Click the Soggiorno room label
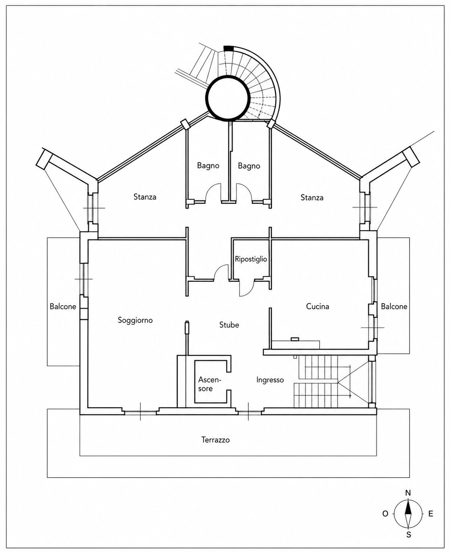[135, 321]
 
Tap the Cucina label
[317, 307]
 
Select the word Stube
[229, 325]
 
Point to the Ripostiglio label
[251, 259]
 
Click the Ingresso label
[270, 380]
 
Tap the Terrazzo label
[215, 440]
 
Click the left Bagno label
[208, 166]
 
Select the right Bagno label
[249, 166]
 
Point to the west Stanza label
[145, 197]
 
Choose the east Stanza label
[312, 197]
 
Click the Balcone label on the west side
[63, 307]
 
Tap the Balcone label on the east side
[394, 307]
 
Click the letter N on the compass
[408, 493]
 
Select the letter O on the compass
[385, 514]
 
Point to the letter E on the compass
[431, 513]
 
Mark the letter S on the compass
[408, 535]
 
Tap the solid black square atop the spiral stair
[228, 49]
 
